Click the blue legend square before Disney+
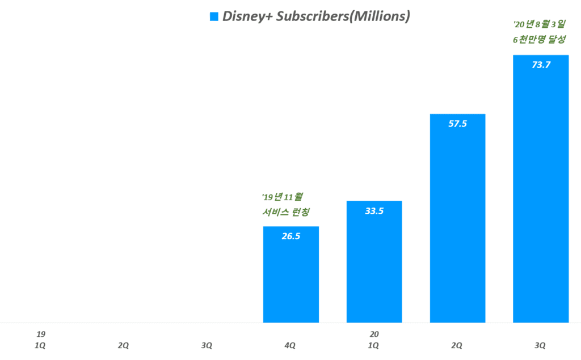pyautogui.click(x=214, y=16)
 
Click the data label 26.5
pyautogui.click(x=290, y=236)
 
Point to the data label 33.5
pyautogui.click(x=374, y=211)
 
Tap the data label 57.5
pyautogui.click(x=457, y=124)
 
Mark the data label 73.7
pyautogui.click(x=540, y=65)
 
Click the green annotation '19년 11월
pyautogui.click(x=282, y=197)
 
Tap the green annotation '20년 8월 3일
pyautogui.click(x=539, y=24)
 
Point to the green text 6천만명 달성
pyautogui.click(x=539, y=40)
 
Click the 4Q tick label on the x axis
pyautogui.click(x=290, y=345)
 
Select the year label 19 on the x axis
pyautogui.click(x=40, y=334)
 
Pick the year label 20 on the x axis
pyautogui.click(x=373, y=334)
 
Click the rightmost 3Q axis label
pyautogui.click(x=540, y=345)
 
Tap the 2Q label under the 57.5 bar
pyautogui.click(x=457, y=345)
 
